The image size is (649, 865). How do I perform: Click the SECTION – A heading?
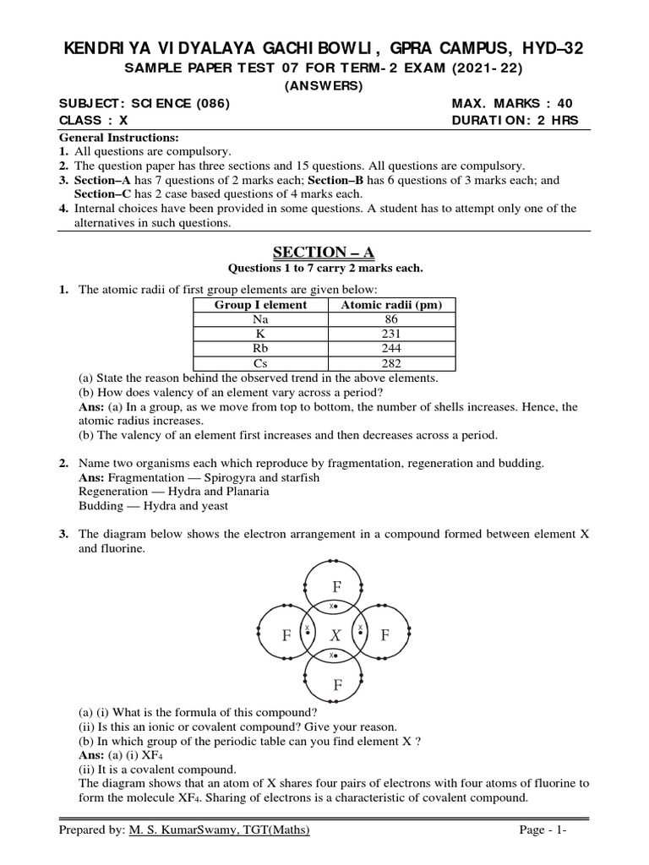tap(324, 253)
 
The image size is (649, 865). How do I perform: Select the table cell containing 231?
tap(390, 334)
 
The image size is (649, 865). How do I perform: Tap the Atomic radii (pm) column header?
tap(390, 305)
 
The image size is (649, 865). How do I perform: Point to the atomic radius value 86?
tap(390, 319)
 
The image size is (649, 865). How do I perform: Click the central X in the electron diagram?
tap(335, 634)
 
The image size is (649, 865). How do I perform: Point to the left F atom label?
tap(286, 634)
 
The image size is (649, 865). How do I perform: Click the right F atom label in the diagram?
tap(384, 634)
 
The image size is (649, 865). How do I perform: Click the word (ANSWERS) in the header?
tap(324, 85)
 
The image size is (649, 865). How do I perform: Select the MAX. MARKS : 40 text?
tap(512, 104)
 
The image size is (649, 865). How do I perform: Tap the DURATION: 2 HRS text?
tap(515, 121)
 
